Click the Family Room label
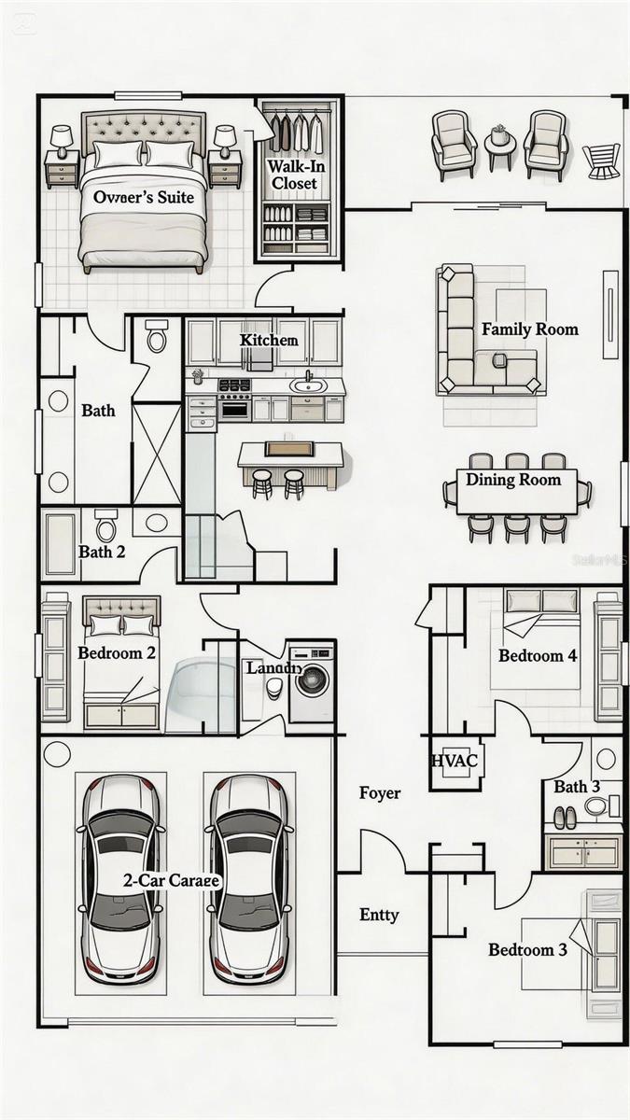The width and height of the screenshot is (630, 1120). point(529,329)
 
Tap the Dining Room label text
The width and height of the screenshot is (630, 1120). point(513,480)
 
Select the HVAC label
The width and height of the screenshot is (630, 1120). point(455,761)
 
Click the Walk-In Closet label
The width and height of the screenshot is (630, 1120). point(294,175)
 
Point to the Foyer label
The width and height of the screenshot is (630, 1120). point(380,793)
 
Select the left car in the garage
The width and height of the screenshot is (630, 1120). point(120,879)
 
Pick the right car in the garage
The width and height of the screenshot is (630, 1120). point(247,879)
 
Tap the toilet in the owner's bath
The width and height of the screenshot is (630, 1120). point(156,336)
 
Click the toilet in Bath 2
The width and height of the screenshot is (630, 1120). point(106,527)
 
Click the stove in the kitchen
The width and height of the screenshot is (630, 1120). point(234,399)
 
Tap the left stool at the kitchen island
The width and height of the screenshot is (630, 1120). point(263,483)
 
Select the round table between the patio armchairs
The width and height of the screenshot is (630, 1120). point(500,145)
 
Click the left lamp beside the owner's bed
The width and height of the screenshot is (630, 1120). point(62,141)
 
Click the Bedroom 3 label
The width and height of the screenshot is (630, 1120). point(527,950)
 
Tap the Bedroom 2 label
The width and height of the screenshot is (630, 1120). point(117,652)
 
